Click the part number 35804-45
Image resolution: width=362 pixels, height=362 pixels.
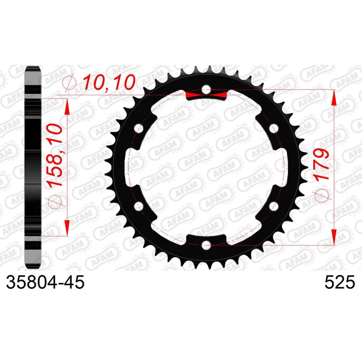click(45, 282)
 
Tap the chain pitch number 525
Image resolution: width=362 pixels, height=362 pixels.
click(339, 282)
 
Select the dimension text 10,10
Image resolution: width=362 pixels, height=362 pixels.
click(109, 82)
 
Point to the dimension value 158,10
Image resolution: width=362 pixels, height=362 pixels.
click(55, 155)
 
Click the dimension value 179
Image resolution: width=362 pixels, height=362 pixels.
click(321, 164)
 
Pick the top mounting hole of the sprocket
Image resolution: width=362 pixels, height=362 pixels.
click(206, 90)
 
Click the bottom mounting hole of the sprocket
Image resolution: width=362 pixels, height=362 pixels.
click(206, 245)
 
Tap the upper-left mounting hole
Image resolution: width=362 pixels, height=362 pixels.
click(139, 128)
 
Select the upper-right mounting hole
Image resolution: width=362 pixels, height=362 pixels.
click(274, 128)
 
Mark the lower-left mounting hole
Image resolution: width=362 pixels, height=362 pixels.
click(139, 206)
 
